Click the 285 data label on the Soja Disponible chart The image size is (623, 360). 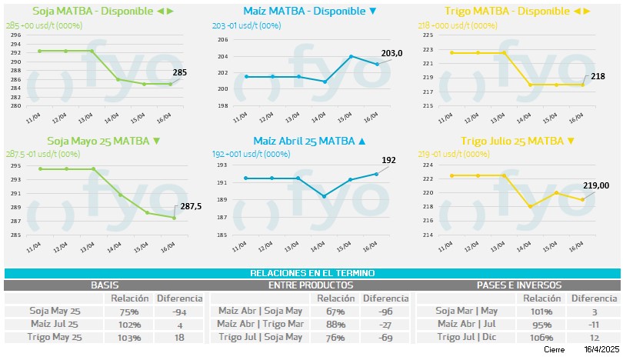point(179,73)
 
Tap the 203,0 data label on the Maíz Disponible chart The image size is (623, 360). point(391,53)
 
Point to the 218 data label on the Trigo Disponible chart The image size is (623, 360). point(597,76)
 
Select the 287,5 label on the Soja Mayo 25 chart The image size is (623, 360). point(190,206)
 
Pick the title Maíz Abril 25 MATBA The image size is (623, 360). point(304,141)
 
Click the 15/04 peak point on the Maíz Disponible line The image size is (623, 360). point(351,56)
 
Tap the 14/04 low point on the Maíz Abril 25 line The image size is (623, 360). point(324,196)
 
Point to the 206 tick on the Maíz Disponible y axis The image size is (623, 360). point(222,40)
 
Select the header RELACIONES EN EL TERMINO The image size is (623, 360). point(311,273)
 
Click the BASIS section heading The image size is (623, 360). point(105,285)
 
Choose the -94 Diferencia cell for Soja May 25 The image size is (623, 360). point(179,312)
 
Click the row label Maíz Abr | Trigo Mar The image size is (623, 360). point(260,324)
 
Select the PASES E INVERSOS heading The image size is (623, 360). point(518,285)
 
